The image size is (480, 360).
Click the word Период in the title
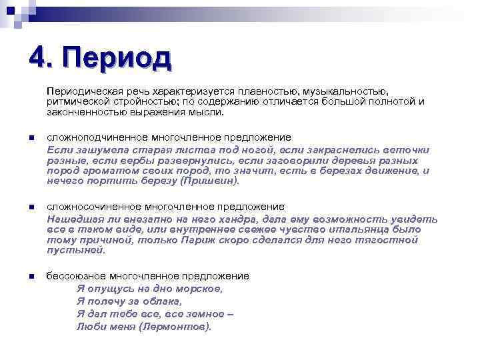pyautogui.click(x=119, y=59)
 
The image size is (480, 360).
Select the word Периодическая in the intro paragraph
pyautogui.click(x=79, y=91)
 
